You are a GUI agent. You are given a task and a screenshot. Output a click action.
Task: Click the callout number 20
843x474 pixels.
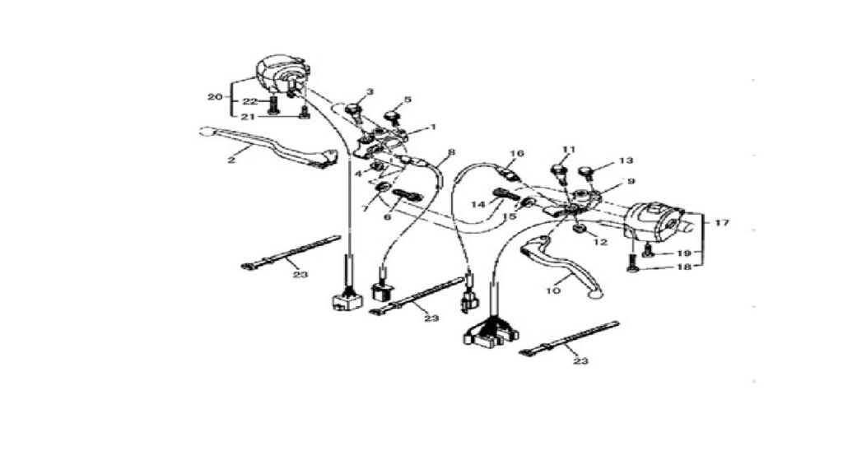[x=215, y=97]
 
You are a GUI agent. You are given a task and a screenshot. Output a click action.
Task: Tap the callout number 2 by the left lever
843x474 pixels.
[x=231, y=160]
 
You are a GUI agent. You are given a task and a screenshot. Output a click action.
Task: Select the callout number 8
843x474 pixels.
[x=451, y=152]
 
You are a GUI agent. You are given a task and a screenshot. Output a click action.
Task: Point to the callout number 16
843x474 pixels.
[x=517, y=154]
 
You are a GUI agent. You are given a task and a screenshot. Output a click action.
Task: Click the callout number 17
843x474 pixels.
[x=722, y=222]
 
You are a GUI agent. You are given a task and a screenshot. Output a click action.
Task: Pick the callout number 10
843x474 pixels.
[x=553, y=290]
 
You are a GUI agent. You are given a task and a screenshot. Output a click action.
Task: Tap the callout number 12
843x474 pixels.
[x=600, y=243]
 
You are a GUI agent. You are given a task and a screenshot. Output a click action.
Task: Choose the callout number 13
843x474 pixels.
[x=626, y=160]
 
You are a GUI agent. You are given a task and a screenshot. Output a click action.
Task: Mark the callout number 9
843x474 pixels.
[x=631, y=182]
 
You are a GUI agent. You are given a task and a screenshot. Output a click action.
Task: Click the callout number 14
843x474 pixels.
[x=478, y=204]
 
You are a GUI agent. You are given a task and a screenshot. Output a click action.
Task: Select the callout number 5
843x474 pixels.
[x=408, y=100]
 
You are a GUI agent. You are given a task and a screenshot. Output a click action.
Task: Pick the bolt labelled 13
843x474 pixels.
[x=587, y=173]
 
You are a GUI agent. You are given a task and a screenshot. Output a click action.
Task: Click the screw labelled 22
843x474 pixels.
[x=273, y=105]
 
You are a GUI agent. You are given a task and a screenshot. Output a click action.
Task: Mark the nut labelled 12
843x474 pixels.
[x=580, y=229]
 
